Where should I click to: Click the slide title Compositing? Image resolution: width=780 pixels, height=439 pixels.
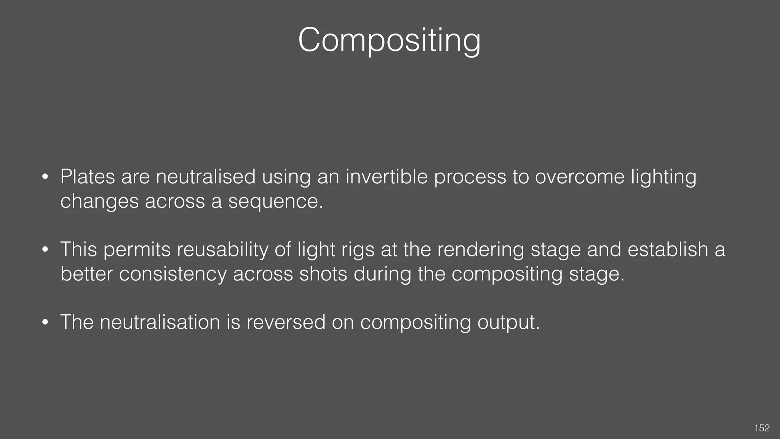coord(389,40)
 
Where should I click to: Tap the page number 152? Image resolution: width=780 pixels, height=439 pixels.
coord(762,428)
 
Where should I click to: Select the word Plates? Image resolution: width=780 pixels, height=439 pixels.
coord(88,177)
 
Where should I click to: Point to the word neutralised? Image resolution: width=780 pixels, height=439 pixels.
coord(206,177)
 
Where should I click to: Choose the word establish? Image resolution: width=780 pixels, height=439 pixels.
coord(668,250)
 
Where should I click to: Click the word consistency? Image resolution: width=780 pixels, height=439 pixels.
coord(173,274)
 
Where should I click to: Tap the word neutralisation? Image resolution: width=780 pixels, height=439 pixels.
coord(160,322)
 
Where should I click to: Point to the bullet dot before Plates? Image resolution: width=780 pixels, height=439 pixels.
coord(45,177)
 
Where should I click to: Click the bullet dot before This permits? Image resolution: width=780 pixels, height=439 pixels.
coord(45,250)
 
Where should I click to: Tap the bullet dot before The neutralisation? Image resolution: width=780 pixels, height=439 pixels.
coord(45,322)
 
